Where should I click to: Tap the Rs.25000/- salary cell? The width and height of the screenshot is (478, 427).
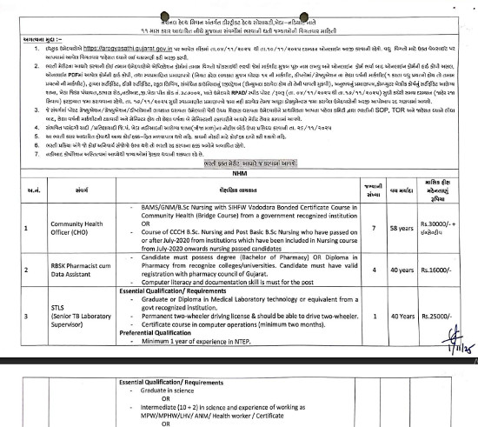[431, 309]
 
